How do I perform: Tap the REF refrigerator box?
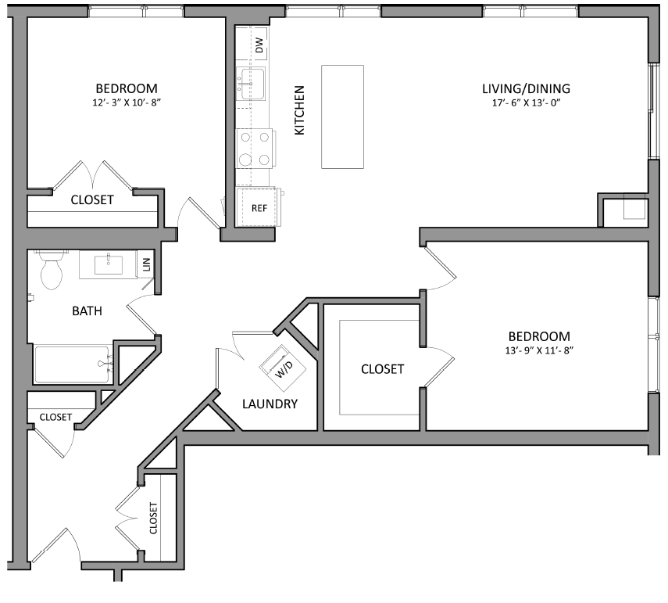(259, 208)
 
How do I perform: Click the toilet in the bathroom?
(52, 271)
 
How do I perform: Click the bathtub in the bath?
(72, 364)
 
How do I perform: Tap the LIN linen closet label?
(146, 265)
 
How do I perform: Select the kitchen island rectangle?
(342, 117)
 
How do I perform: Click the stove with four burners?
(255, 149)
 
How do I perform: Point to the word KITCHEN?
(299, 110)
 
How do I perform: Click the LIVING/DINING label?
(525, 88)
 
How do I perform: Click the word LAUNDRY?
(270, 404)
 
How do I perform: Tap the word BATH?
(87, 311)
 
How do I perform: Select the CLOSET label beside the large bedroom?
(382, 368)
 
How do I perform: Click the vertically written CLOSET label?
(153, 517)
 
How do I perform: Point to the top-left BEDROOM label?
(126, 88)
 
